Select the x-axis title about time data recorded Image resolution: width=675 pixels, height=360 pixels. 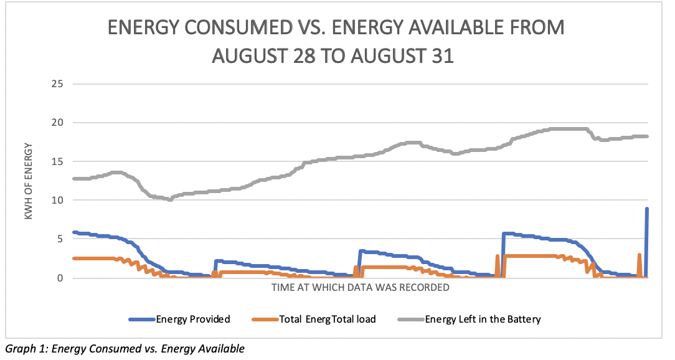360,288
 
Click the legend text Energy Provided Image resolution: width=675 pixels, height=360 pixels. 193,320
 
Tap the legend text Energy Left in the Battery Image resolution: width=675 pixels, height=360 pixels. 483,320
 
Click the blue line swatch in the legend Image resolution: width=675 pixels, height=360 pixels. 141,320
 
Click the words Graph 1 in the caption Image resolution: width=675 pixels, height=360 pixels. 24,349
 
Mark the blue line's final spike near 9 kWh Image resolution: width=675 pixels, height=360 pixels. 647,209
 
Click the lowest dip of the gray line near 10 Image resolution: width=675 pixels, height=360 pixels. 170,200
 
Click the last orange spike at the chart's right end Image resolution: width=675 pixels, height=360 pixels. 640,255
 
